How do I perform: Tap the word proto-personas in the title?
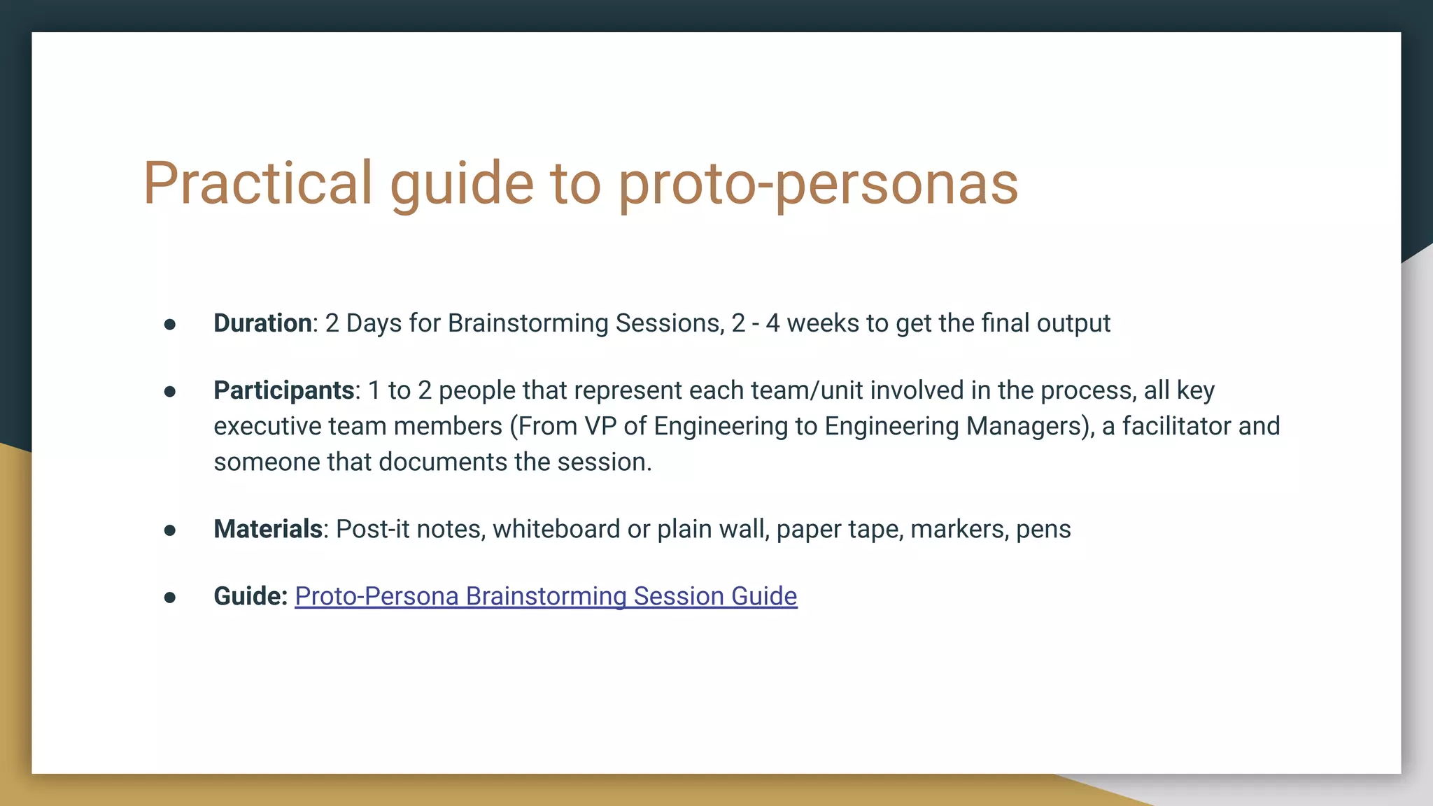pyautogui.click(x=818, y=183)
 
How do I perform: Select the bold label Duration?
pyautogui.click(x=262, y=323)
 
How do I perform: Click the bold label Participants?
pyautogui.click(x=283, y=390)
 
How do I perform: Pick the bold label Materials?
pyautogui.click(x=267, y=529)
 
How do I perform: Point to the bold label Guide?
pyautogui.click(x=250, y=596)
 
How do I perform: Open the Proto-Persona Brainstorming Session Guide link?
pyautogui.click(x=546, y=596)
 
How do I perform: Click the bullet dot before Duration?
pyautogui.click(x=169, y=324)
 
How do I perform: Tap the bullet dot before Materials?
pyautogui.click(x=169, y=530)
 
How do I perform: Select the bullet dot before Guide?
pyautogui.click(x=169, y=598)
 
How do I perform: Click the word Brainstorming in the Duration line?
pyautogui.click(x=528, y=323)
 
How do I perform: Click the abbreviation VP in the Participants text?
pyautogui.click(x=600, y=426)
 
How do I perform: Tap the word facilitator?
pyautogui.click(x=1176, y=426)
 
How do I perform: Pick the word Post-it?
pyautogui.click(x=372, y=529)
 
